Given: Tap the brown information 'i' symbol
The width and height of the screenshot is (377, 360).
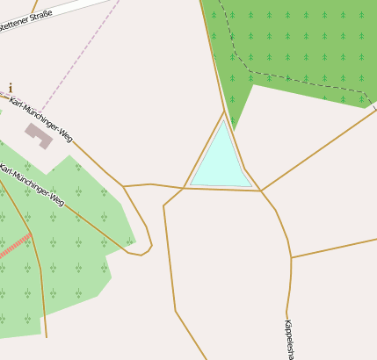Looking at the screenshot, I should coord(11,88).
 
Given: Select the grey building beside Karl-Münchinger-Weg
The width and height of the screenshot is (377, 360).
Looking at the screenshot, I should coord(38,134).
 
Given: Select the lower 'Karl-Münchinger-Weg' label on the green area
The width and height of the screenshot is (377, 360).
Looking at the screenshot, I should coord(33,185).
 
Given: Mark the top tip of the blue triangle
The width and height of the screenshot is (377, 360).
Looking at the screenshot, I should coord(223,119).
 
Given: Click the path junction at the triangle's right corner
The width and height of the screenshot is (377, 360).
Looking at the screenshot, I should coord(260,191).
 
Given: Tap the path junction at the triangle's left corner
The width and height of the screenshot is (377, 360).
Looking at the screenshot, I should coord(184,188).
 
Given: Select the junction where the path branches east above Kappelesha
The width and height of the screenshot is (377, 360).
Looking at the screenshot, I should coord(291,257).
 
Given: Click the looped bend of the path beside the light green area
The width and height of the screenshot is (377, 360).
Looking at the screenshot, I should coord(146,251).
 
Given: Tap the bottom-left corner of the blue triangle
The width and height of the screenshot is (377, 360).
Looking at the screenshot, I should coord(191,184).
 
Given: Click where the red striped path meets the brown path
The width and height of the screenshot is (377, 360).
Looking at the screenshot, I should coord(31,234).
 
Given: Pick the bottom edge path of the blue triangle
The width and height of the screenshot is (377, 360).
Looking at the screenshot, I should coord(221,190).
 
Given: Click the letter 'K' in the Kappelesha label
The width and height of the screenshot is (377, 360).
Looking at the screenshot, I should coord(287,323).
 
